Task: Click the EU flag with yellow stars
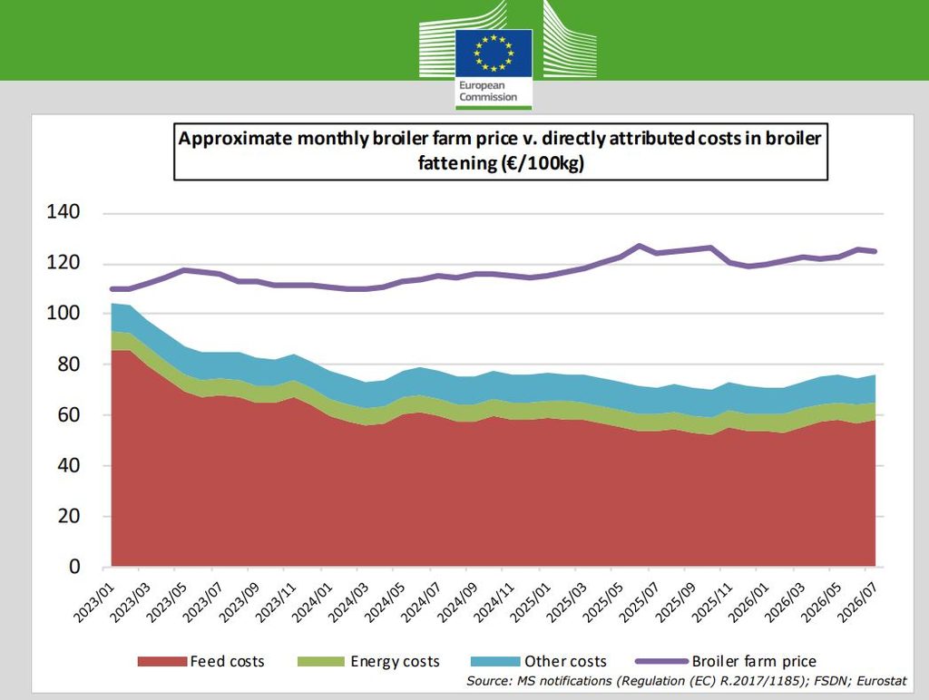(x=494, y=53)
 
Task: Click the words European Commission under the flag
(x=488, y=92)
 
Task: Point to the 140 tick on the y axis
(x=63, y=212)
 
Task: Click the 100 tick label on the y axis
(x=63, y=313)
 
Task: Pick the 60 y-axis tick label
(x=69, y=414)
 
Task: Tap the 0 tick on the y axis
(x=74, y=567)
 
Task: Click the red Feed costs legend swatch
(x=161, y=662)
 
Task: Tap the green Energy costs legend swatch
(x=320, y=662)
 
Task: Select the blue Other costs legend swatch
(x=495, y=662)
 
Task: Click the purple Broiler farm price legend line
(x=661, y=662)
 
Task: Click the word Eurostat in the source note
(x=882, y=681)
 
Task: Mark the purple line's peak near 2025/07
(x=639, y=245)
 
